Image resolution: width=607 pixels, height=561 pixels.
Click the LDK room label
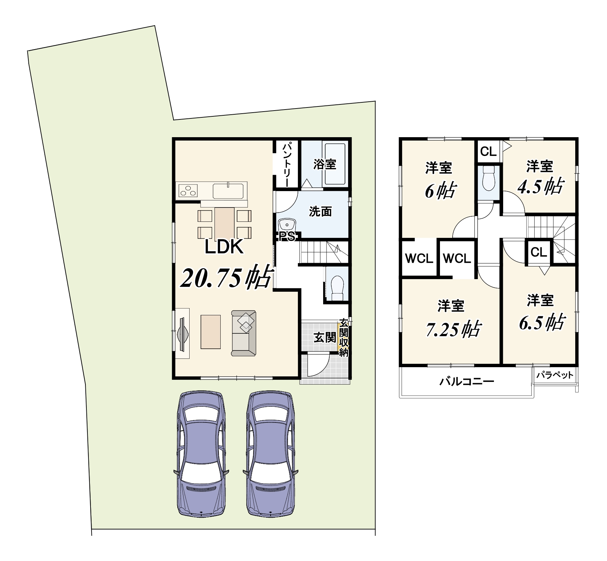click(x=224, y=247)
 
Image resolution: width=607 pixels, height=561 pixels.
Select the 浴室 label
click(x=325, y=164)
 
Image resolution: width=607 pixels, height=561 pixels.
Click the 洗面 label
click(x=320, y=212)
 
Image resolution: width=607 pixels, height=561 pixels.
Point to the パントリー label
click(x=287, y=164)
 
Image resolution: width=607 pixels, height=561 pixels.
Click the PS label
click(x=287, y=236)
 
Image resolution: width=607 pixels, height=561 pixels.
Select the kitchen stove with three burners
click(x=188, y=190)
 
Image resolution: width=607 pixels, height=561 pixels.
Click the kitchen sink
click(x=229, y=191)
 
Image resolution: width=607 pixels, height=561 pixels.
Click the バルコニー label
click(x=467, y=381)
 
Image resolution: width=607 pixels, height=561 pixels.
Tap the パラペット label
click(x=555, y=375)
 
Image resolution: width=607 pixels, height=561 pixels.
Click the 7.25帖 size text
click(x=453, y=329)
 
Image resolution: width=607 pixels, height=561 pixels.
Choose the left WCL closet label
click(x=419, y=258)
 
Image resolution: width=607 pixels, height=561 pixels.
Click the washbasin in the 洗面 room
click(x=287, y=225)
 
